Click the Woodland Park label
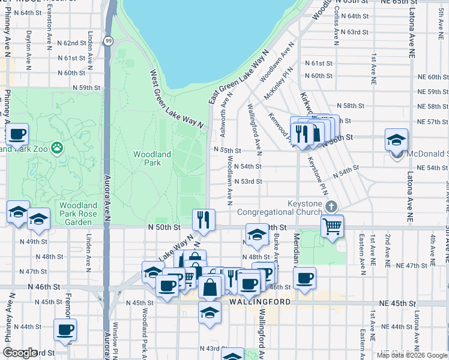tap(152, 158)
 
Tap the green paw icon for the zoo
tap(56, 147)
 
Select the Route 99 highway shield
tap(107, 41)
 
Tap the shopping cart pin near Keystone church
tap(331, 226)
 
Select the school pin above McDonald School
tap(396, 140)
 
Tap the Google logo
tap(20, 352)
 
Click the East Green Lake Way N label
tap(238, 79)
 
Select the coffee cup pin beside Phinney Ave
tap(17, 134)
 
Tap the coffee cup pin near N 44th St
tap(65, 329)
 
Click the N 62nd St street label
tap(75, 43)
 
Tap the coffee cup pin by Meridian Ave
tap(304, 278)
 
